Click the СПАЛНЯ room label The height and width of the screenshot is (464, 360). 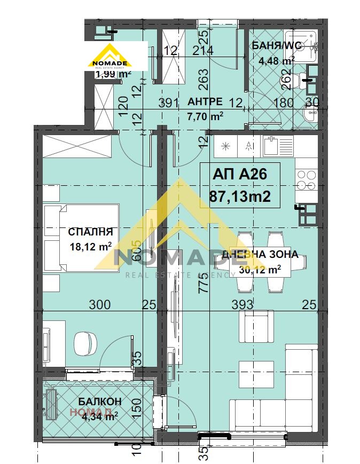[x=90, y=232]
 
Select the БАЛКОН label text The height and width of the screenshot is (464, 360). [x=99, y=402]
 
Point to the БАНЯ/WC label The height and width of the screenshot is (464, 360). [x=277, y=46]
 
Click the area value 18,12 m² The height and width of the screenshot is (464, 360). [x=90, y=246]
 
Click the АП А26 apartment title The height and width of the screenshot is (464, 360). [x=239, y=174]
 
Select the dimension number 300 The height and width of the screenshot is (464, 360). [x=100, y=305]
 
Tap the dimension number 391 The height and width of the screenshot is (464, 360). [x=168, y=103]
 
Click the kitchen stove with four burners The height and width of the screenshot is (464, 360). [x=307, y=179]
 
